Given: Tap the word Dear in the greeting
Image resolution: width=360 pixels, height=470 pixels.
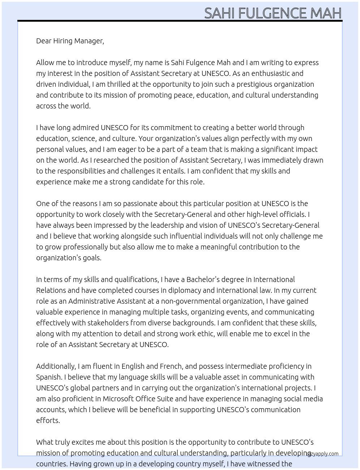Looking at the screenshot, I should coord(44,41).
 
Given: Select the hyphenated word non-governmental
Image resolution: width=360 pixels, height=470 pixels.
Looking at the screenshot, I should coord(190,301).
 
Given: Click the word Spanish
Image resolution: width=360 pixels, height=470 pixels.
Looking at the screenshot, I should coord(48,377).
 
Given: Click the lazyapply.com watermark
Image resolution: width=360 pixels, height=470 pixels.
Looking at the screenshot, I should coord(322,453).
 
